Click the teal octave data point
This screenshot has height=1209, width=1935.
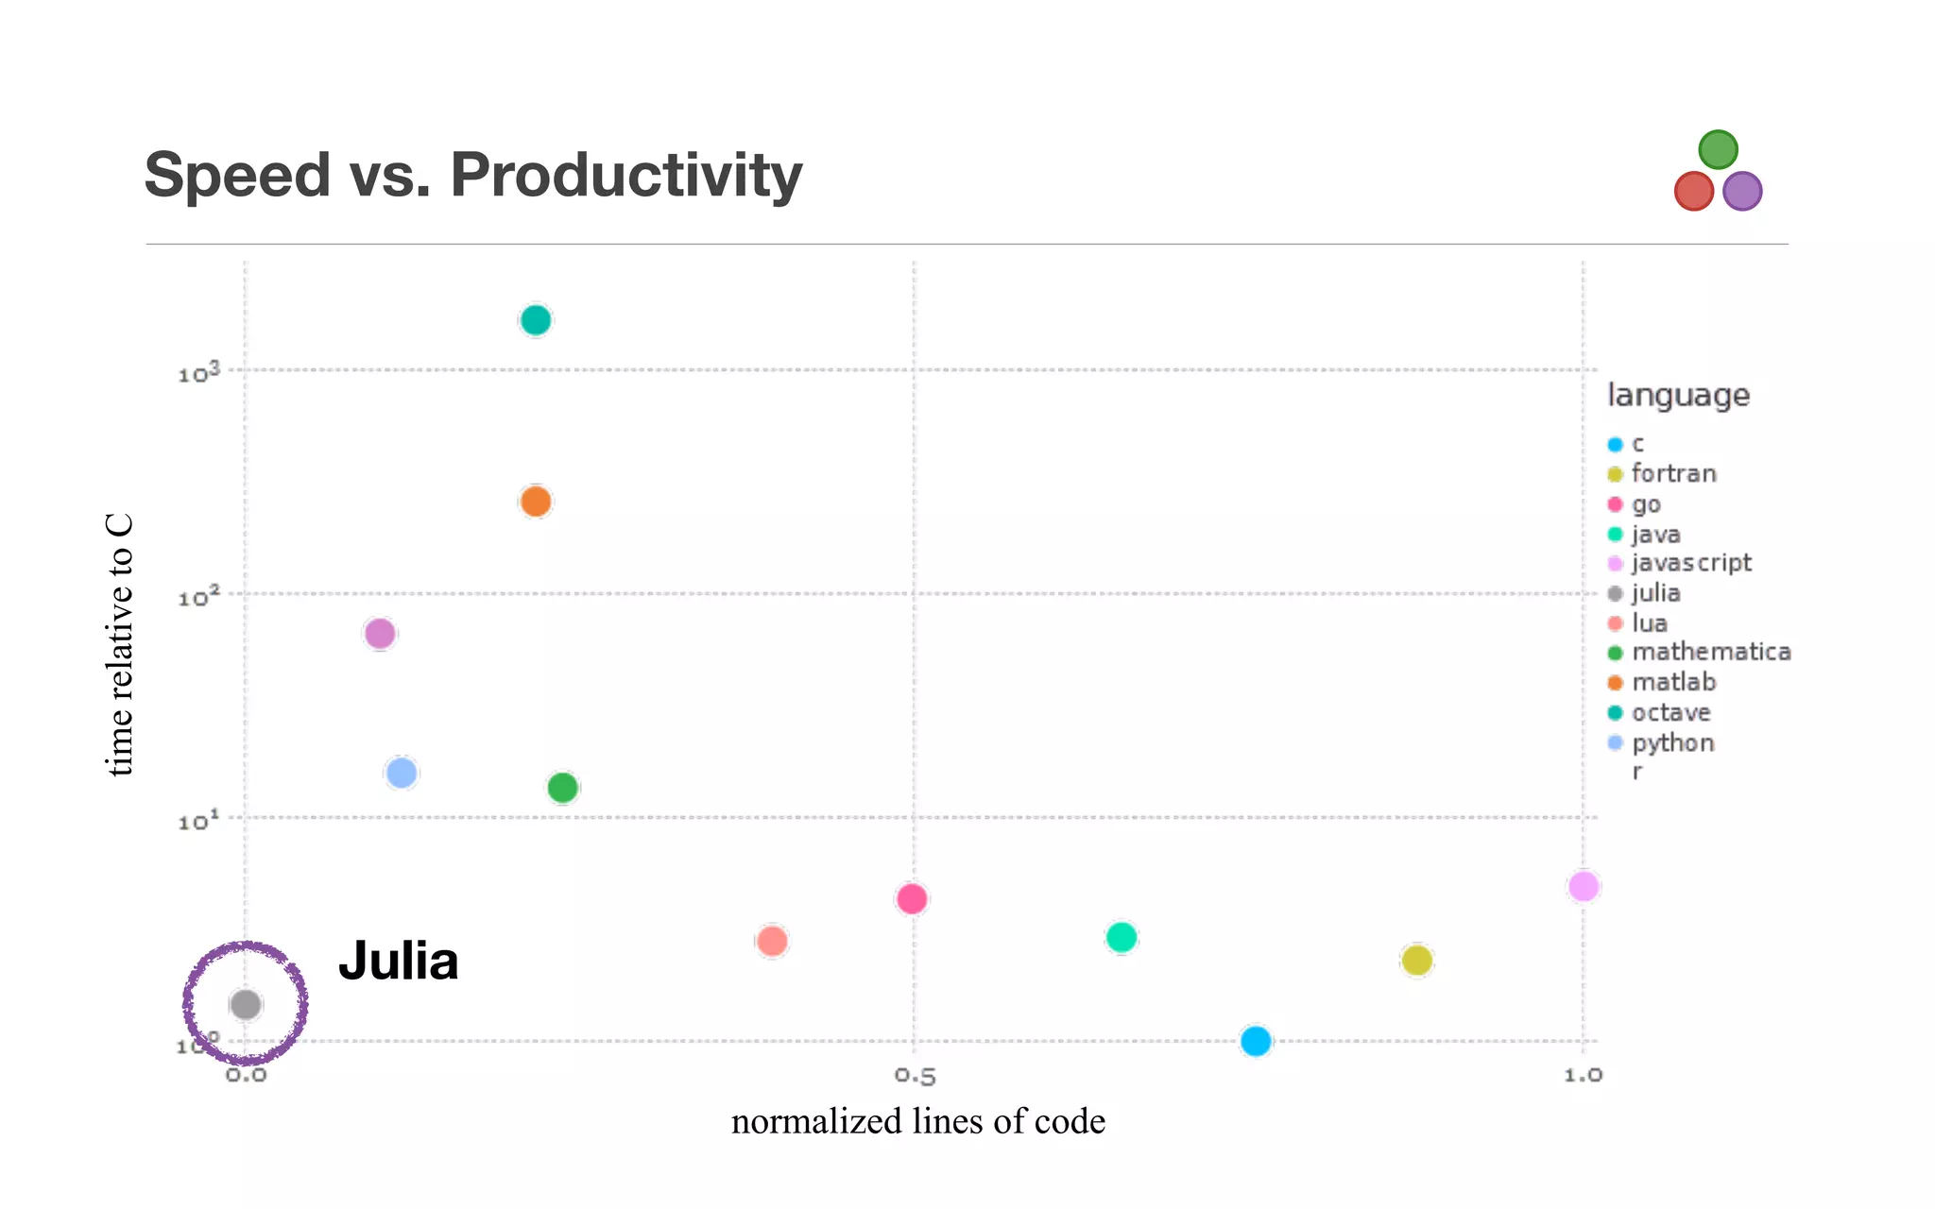(535, 320)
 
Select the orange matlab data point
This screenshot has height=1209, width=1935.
(535, 502)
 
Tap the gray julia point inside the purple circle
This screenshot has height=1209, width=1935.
(246, 1004)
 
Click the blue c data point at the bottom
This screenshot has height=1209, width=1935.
(1256, 1041)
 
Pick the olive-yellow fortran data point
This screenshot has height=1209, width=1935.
(1416, 961)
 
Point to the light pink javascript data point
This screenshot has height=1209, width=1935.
(1584, 886)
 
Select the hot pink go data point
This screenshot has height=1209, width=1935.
(912, 898)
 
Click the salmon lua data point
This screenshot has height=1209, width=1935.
(772, 941)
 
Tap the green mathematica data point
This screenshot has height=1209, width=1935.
(562, 787)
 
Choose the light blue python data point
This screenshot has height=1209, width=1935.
(402, 773)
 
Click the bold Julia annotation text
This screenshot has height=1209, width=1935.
(398, 961)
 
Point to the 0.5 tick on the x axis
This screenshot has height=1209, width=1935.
(915, 1076)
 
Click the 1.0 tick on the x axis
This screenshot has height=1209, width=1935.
(1583, 1076)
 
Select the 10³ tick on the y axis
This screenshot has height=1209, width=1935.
(198, 373)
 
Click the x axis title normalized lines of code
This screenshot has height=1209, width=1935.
(917, 1121)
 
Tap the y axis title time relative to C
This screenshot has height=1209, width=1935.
(120, 645)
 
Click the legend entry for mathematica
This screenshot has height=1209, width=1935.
(1710, 652)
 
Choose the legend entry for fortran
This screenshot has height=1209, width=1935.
(1672, 473)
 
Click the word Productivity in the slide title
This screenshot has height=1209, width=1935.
(625, 176)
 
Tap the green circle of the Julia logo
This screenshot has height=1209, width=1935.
(1718, 149)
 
